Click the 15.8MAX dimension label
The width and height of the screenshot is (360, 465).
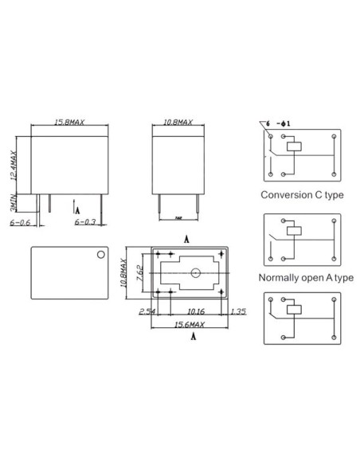68,122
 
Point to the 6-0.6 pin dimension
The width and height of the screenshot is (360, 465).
21,223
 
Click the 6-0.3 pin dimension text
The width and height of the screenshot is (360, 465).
86,223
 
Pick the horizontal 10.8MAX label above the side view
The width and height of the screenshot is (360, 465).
178,122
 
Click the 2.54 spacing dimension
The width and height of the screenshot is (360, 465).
146,312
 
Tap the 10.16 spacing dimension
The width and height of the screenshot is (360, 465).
194,312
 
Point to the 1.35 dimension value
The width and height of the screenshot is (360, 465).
238,312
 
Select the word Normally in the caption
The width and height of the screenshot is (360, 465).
279,278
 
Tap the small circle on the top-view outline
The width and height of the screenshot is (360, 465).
100,255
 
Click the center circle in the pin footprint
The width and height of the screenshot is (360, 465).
194,274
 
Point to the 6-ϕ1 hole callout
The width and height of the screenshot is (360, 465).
284,123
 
